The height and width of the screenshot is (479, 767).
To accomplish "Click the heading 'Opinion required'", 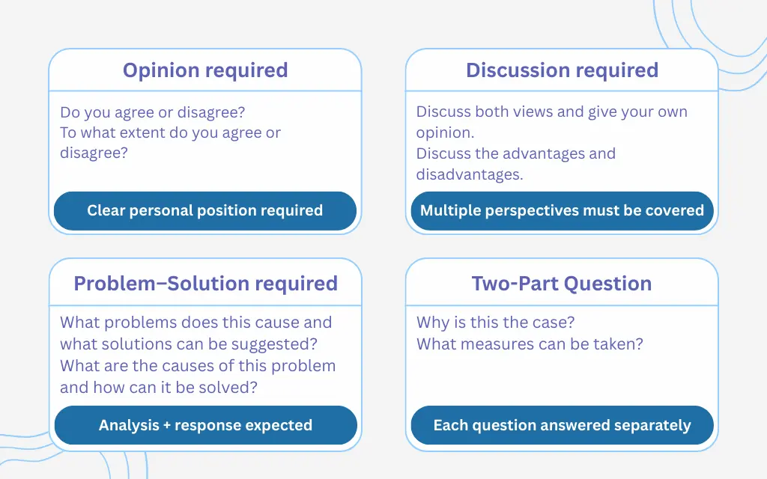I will pyautogui.click(x=205, y=70).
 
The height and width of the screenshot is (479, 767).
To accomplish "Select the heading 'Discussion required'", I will pyautogui.click(x=562, y=70).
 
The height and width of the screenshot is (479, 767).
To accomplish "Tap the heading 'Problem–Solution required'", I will pyautogui.click(x=205, y=284).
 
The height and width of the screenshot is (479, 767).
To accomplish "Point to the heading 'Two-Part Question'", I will pyautogui.click(x=562, y=284).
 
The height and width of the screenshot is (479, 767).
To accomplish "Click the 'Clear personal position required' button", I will pyautogui.click(x=205, y=210).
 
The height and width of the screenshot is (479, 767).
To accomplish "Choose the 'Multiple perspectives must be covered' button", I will pyautogui.click(x=562, y=210).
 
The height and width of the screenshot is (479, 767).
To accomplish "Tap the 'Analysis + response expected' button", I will pyautogui.click(x=205, y=425).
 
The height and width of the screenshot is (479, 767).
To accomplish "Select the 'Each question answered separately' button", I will pyautogui.click(x=562, y=425).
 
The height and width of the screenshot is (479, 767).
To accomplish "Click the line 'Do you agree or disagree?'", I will pyautogui.click(x=153, y=112).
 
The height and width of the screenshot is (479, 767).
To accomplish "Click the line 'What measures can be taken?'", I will pyautogui.click(x=530, y=344).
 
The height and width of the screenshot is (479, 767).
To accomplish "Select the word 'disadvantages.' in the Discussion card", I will pyautogui.click(x=470, y=174).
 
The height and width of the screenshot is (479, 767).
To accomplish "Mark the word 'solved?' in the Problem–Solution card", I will pyautogui.click(x=234, y=388).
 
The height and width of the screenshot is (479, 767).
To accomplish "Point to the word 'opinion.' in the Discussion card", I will pyautogui.click(x=445, y=132).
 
